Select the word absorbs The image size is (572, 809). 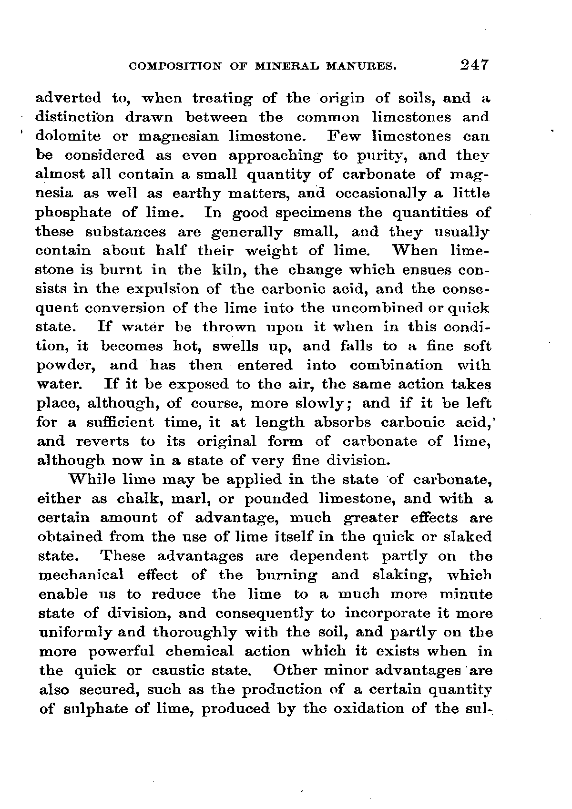(340, 423)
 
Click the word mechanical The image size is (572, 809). (80, 575)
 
